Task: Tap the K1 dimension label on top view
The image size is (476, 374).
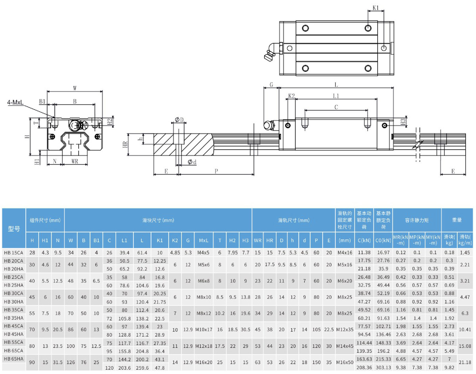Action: tap(376, 7)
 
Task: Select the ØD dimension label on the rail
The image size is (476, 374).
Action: tap(179, 120)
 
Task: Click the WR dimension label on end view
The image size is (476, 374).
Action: tap(75, 161)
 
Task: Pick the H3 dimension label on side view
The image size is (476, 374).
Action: tap(403, 121)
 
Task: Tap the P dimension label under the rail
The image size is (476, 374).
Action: tap(216, 171)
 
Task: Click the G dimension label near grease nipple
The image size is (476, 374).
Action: tap(271, 85)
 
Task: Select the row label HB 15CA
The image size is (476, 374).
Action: tap(14, 253)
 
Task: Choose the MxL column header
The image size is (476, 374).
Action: tap(204, 241)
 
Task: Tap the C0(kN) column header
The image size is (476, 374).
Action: tap(384, 241)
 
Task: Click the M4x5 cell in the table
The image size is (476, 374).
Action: tap(204, 253)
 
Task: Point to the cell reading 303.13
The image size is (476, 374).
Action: tap(384, 367)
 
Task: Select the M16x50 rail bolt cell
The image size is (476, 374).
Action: tap(345, 363)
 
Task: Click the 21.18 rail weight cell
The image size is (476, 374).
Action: tap(465, 363)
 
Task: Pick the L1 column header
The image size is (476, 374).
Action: tap(125, 241)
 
